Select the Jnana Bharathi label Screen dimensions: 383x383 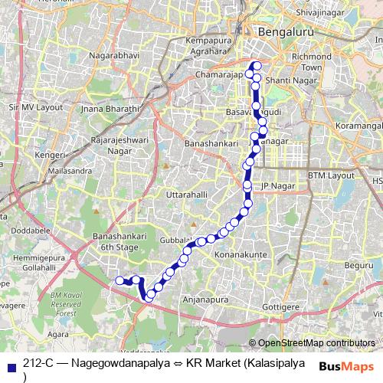pyautogui.click(x=113, y=109)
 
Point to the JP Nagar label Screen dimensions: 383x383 pyautogui.click(x=278, y=186)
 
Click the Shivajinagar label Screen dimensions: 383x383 pyautogui.click(x=337, y=11)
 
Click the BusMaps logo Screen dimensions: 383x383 pyautogui.click(x=348, y=366)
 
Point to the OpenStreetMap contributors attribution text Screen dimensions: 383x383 pyautogui.click(x=316, y=344)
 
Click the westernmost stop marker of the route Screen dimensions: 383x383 pyautogui.click(x=119, y=281)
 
